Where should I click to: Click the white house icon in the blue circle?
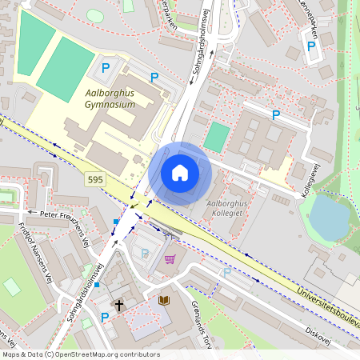coord(179,173)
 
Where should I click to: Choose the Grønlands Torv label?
coord(200,317)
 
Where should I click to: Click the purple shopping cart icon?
coord(170,258)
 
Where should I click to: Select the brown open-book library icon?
coord(164,300)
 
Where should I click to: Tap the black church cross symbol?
coord(120,305)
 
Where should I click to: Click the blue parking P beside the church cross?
coord(104,317)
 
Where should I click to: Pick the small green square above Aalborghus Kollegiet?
coord(216,136)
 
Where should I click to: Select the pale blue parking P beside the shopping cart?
coord(145,253)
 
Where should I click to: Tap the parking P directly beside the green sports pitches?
coord(104,67)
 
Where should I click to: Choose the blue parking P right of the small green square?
coord(276,115)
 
